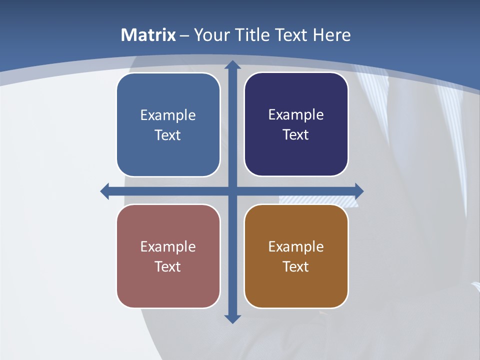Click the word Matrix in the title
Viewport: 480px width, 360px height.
(x=148, y=35)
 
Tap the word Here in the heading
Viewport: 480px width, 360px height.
(x=331, y=35)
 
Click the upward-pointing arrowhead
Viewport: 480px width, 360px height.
(x=232, y=65)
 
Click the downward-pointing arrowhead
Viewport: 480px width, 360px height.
(x=232, y=318)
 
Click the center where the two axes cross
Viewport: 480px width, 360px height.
(x=232, y=191)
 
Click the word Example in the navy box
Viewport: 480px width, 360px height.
(x=296, y=114)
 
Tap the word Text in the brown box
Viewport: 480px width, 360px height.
(x=296, y=266)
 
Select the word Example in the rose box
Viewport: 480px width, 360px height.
(x=168, y=246)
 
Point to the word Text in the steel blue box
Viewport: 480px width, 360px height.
(x=168, y=135)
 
